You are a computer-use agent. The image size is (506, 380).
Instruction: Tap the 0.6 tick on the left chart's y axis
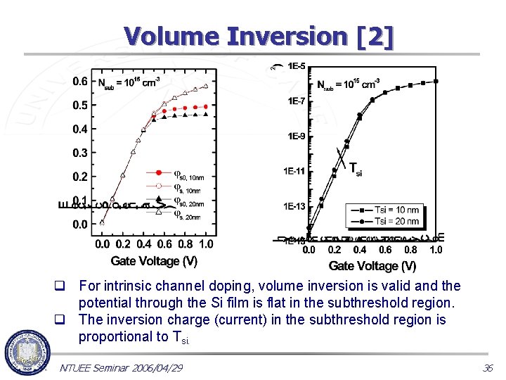[x=80, y=82]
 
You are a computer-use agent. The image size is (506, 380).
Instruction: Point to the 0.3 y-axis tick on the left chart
[x=80, y=153]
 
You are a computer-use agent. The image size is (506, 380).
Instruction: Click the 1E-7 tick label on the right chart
[x=296, y=101]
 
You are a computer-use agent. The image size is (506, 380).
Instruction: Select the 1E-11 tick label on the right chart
[x=294, y=171]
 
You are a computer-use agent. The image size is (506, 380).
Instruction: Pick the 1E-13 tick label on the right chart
[x=294, y=206]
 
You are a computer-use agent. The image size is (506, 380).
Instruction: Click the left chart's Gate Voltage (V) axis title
[x=154, y=261]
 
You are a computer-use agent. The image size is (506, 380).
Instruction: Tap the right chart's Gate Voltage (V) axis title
[x=372, y=265]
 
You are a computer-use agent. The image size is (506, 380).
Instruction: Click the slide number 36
[x=488, y=367]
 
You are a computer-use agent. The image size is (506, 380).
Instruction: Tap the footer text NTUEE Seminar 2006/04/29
[x=121, y=367]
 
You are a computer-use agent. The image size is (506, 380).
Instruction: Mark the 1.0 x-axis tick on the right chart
[x=436, y=250]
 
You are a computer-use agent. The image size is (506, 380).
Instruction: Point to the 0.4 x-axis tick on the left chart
[x=144, y=244]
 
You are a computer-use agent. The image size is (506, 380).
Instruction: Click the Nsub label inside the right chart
[x=346, y=86]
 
